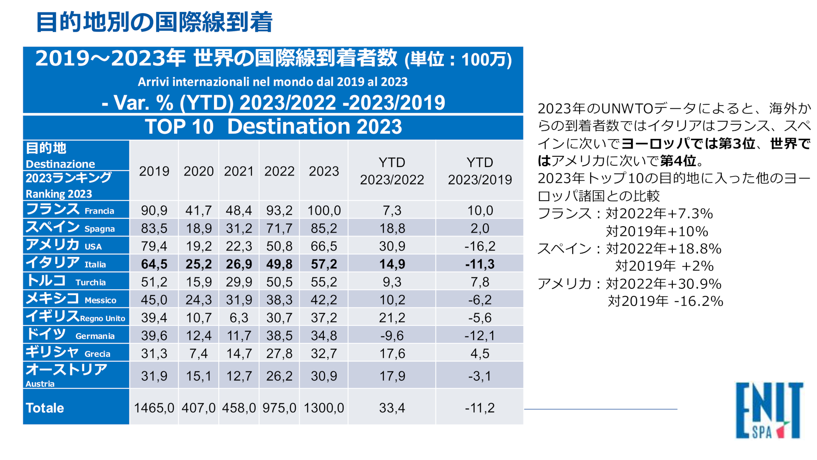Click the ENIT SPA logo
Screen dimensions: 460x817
click(x=769, y=411)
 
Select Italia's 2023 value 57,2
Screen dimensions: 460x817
click(x=324, y=264)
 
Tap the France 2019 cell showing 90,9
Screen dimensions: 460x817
click(x=154, y=210)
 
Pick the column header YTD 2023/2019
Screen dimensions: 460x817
click(x=480, y=171)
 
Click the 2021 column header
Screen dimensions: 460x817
click(x=239, y=171)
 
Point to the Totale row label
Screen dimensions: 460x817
click(x=45, y=408)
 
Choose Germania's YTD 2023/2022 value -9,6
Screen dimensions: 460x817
click(x=392, y=336)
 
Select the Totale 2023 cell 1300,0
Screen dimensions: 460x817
click(x=324, y=408)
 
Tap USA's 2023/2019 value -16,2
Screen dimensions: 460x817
click(x=480, y=246)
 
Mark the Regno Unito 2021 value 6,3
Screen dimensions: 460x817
click(x=239, y=318)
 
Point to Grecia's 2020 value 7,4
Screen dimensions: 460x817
click(x=198, y=354)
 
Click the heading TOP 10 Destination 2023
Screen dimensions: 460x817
click(x=273, y=126)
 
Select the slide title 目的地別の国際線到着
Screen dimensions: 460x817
click(x=154, y=22)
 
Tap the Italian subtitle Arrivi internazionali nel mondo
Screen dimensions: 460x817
click(x=273, y=82)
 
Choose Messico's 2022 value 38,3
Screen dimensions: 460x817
click(x=279, y=300)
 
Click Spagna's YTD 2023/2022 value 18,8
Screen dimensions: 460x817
click(x=392, y=228)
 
